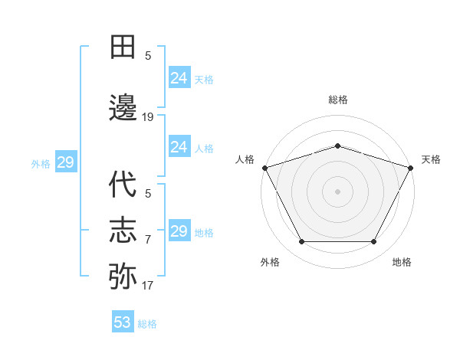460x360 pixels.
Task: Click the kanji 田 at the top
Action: pyautogui.click(x=123, y=47)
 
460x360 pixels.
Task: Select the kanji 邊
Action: pyautogui.click(x=123, y=108)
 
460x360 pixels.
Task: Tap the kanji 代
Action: pyautogui.click(x=123, y=186)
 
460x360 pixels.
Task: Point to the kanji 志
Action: pyautogui.click(x=123, y=231)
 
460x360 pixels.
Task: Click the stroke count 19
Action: pyautogui.click(x=148, y=117)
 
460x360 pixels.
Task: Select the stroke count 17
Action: pyautogui.click(x=148, y=286)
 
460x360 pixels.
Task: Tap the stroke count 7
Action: pyautogui.click(x=148, y=240)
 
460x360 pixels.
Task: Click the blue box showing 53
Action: pyautogui.click(x=123, y=322)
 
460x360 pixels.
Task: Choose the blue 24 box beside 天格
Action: pyautogui.click(x=179, y=78)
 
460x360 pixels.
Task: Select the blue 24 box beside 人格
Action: pyautogui.click(x=179, y=147)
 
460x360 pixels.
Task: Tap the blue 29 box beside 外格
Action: pyautogui.click(x=65, y=162)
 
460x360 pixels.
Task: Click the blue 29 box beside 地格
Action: pyautogui.click(x=179, y=231)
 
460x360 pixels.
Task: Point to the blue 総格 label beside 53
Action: pyautogui.click(x=147, y=323)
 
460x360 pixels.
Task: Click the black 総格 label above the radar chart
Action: pyautogui.click(x=337, y=100)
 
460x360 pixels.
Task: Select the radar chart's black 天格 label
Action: pyautogui.click(x=431, y=159)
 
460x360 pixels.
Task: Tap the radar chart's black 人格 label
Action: pyautogui.click(x=245, y=159)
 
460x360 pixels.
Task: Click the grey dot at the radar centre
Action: pyautogui.click(x=337, y=190)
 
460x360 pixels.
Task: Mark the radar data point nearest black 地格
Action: pyautogui.click(x=374, y=242)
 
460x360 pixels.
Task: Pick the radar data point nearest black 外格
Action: pyautogui.click(x=301, y=242)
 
